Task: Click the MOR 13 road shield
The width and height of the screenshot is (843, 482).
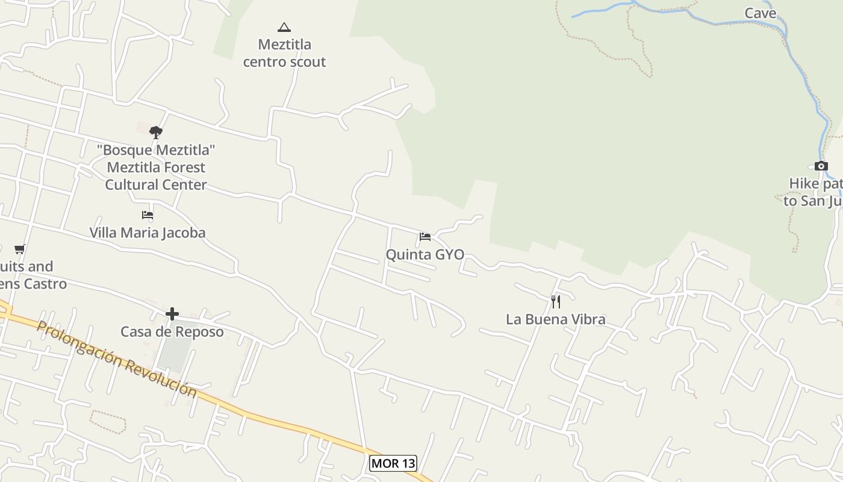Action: [393, 463]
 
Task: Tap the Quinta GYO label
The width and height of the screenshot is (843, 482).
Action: [425, 254]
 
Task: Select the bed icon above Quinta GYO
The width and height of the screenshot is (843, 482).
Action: [425, 236]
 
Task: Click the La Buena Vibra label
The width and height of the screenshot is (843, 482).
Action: [555, 319]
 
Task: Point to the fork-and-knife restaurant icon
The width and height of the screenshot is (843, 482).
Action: [556, 301]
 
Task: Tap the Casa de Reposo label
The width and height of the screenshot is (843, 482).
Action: [172, 331]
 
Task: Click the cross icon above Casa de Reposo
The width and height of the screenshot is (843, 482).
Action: [172, 314]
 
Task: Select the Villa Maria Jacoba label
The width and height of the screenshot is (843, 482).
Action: [148, 232]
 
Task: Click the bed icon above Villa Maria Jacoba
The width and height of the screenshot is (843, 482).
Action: [148, 214]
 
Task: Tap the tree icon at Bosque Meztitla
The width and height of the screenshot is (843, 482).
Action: [156, 133]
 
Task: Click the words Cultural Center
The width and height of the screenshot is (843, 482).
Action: [156, 184]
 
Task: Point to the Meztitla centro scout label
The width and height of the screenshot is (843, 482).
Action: [284, 53]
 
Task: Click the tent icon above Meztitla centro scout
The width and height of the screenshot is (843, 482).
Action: [284, 27]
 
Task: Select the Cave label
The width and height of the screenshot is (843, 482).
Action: [761, 13]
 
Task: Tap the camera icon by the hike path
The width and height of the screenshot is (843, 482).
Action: [821, 166]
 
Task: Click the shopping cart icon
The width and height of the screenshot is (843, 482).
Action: [19, 249]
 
